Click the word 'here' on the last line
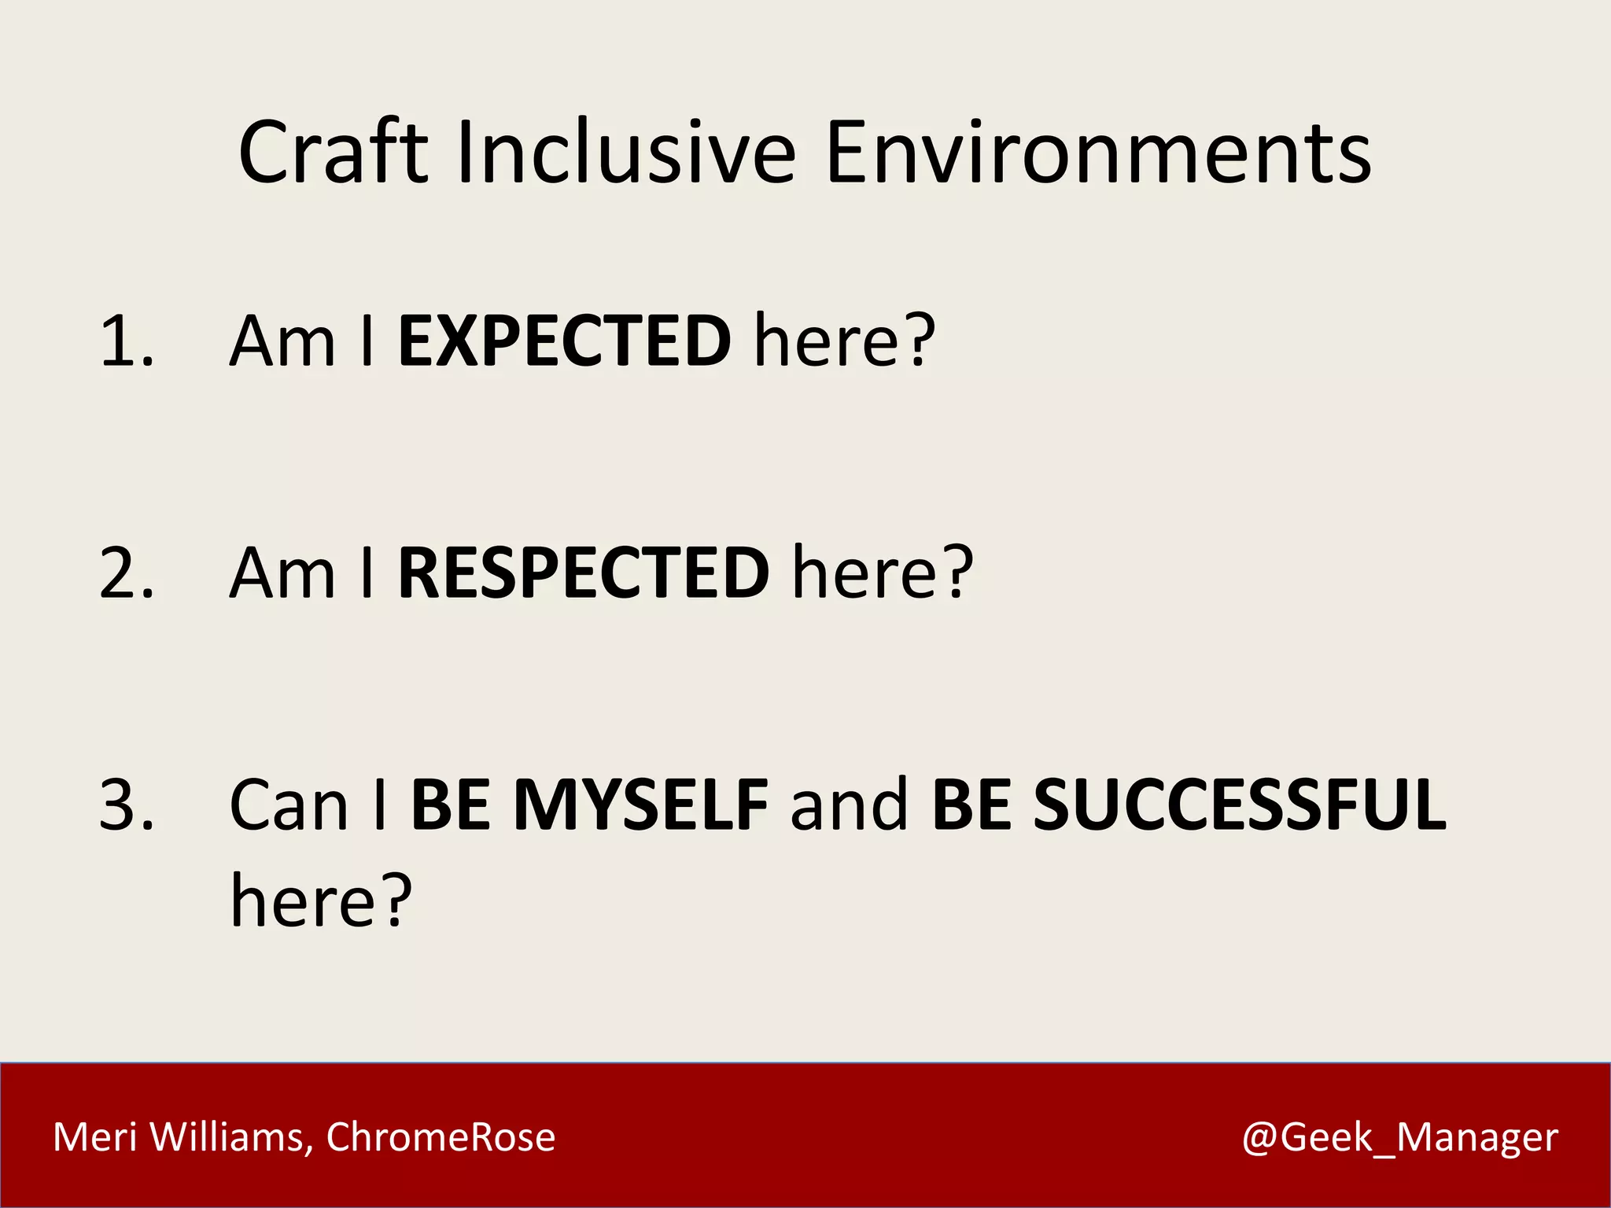[x=303, y=900]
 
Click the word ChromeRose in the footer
[x=441, y=1137]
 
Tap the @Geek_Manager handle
[x=1399, y=1137]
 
